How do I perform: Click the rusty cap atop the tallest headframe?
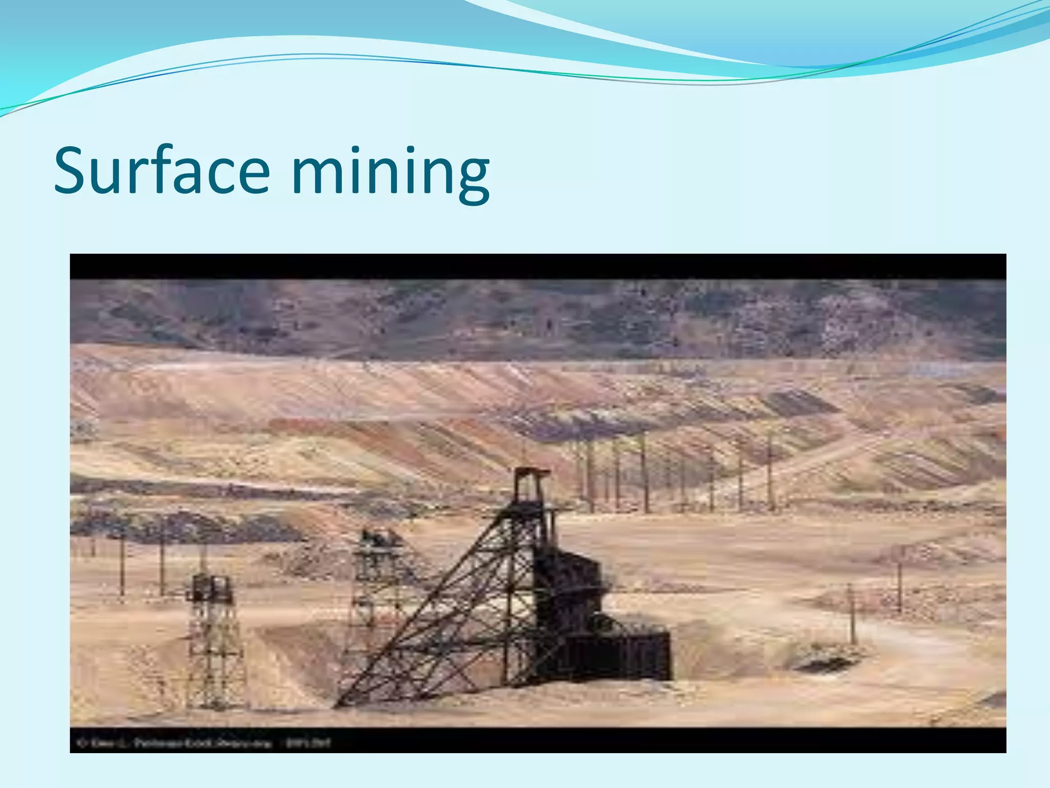[x=532, y=473]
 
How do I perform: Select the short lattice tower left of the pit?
[x=213, y=641]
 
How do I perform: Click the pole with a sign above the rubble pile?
[x=899, y=580]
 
